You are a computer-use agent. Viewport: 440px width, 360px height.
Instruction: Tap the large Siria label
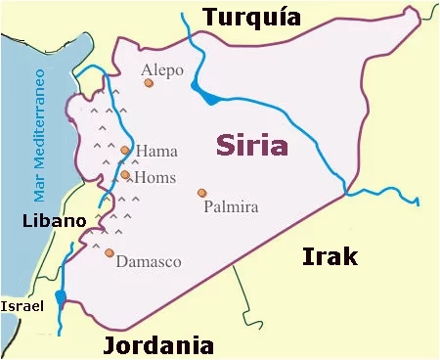(252, 147)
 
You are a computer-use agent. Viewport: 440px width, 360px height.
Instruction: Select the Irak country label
(329, 256)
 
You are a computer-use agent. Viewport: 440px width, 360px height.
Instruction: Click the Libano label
(54, 221)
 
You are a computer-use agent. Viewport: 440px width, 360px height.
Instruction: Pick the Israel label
(22, 306)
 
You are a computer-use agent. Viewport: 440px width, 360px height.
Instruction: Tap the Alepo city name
(161, 69)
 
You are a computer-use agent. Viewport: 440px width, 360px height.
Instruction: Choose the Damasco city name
(148, 262)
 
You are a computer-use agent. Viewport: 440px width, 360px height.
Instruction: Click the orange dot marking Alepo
(149, 84)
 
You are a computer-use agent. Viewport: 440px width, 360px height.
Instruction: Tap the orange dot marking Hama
(125, 151)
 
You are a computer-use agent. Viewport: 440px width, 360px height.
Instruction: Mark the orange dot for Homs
(125, 175)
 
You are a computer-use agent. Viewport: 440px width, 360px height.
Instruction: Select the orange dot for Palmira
(201, 193)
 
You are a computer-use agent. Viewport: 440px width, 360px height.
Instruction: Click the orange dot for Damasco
(109, 253)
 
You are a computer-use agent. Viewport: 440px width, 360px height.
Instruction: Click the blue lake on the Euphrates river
(206, 95)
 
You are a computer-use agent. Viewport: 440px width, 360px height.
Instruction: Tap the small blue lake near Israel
(61, 297)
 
